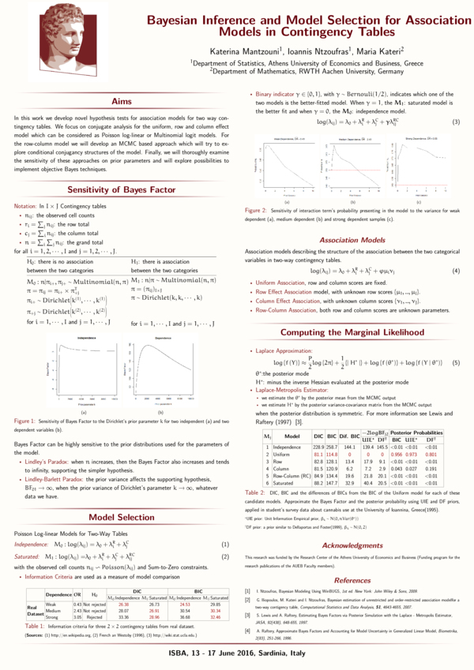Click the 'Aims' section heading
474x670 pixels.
tap(121, 102)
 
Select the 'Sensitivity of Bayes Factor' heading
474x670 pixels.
tap(121, 190)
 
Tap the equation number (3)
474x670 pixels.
tap(456, 122)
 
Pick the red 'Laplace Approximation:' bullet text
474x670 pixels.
tap(281, 348)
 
